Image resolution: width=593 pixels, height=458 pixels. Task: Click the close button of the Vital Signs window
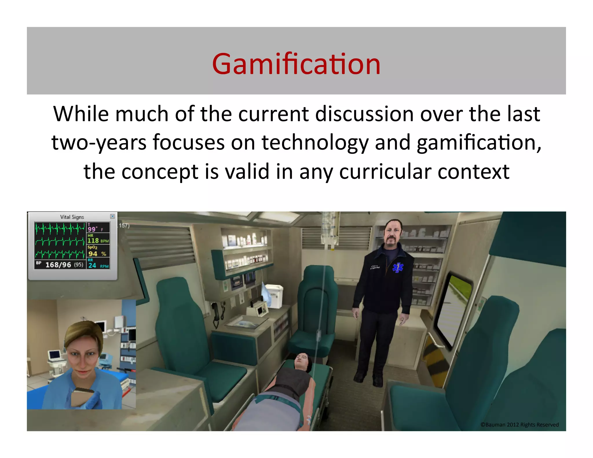click(x=112, y=216)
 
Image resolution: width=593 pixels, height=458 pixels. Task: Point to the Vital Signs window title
click(x=72, y=217)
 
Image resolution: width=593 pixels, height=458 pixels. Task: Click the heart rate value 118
click(x=93, y=240)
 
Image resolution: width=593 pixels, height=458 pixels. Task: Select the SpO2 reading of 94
click(x=93, y=254)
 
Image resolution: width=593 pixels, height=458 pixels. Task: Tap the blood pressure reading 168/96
click(x=58, y=265)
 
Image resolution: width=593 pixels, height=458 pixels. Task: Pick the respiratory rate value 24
click(x=92, y=265)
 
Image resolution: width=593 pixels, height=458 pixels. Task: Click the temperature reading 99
click(x=92, y=229)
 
